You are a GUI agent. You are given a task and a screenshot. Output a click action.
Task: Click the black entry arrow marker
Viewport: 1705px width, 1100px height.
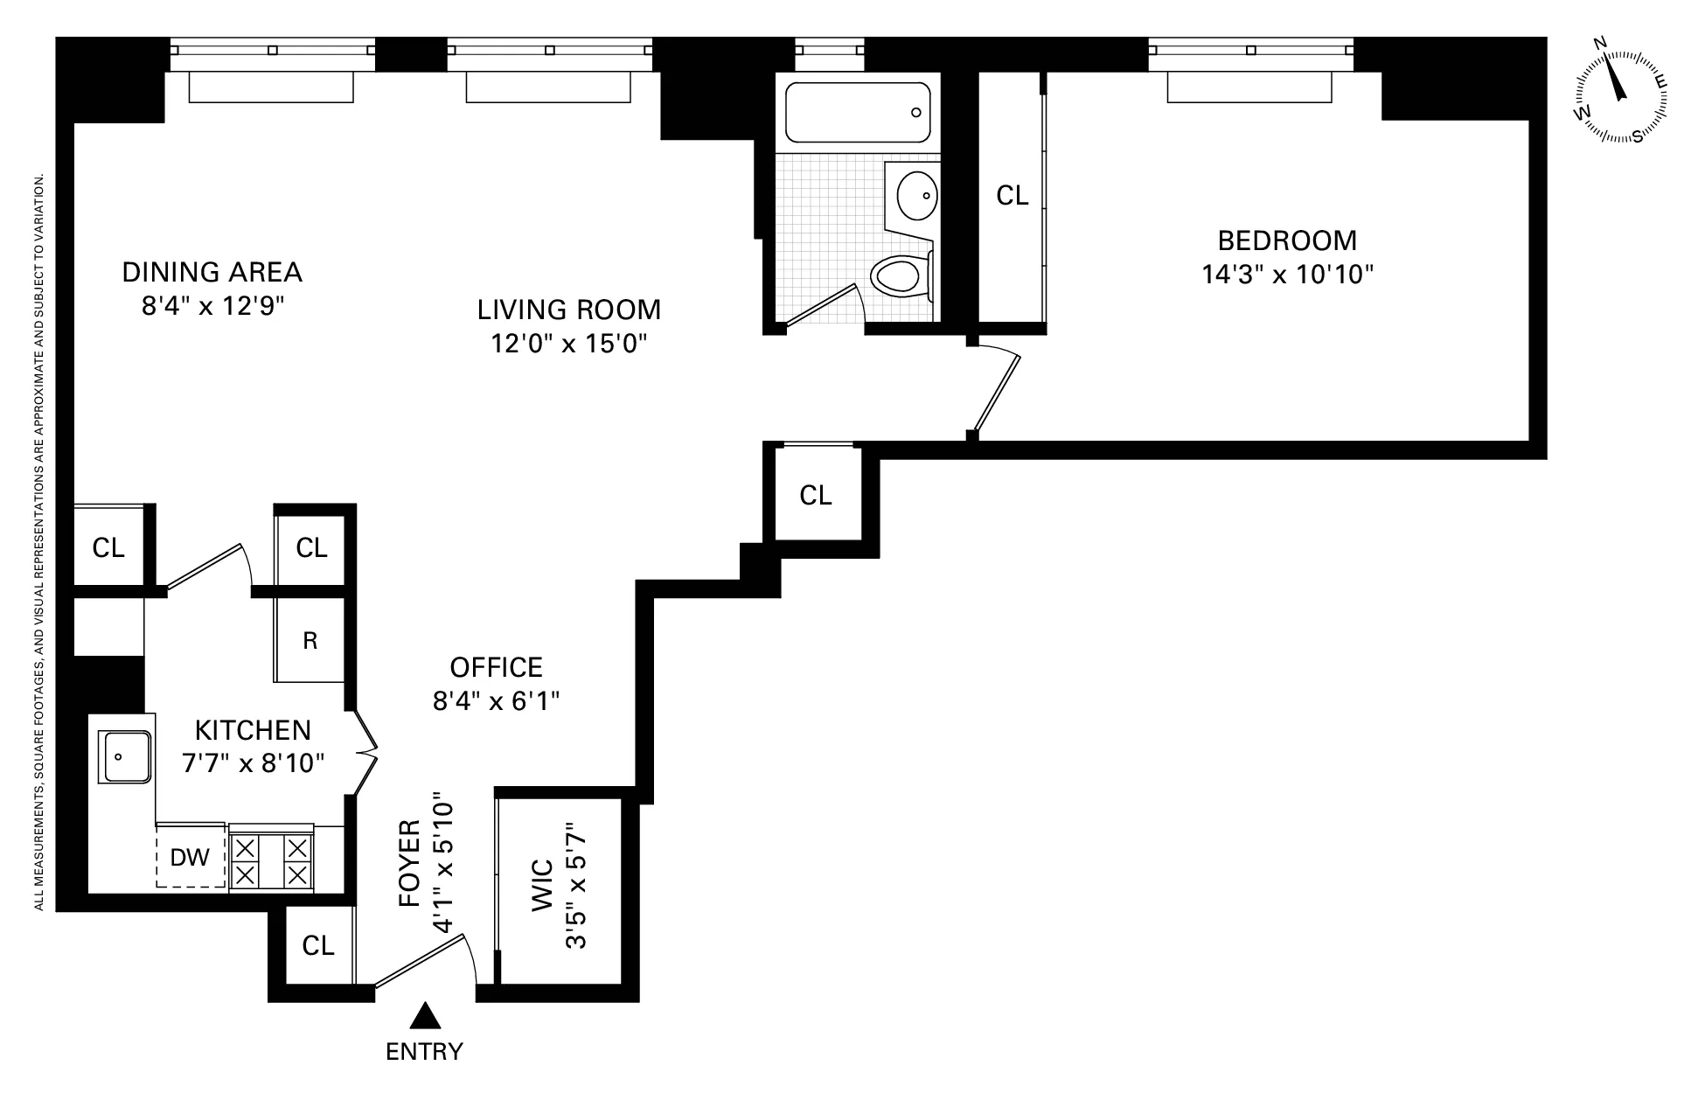[x=425, y=1016]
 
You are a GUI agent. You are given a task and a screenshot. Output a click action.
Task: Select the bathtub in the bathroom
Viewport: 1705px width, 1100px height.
[x=858, y=113]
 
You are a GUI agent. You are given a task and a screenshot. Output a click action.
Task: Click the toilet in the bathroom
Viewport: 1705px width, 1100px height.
[x=900, y=275]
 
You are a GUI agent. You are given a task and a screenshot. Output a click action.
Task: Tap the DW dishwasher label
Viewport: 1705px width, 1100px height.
[x=190, y=857]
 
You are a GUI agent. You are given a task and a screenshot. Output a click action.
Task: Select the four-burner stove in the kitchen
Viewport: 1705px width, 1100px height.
[x=272, y=861]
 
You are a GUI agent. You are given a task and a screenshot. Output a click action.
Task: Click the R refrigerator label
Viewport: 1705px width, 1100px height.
[x=310, y=641]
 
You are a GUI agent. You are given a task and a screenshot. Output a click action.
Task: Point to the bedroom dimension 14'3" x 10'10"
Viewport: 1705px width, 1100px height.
[x=1287, y=275]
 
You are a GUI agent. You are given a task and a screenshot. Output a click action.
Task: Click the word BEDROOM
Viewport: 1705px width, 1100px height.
[x=1287, y=240]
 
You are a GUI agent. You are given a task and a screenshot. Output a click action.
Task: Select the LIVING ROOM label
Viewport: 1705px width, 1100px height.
[x=568, y=310]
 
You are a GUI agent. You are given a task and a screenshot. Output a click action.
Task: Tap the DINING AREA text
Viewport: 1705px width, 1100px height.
[x=212, y=272]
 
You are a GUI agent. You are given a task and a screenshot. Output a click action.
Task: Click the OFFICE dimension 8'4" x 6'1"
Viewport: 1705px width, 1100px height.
[x=496, y=701]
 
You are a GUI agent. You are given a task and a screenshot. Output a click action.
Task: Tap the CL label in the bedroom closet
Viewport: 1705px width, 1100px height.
[x=1013, y=196]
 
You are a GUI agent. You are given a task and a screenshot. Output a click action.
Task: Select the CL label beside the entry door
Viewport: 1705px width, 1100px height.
[x=318, y=945]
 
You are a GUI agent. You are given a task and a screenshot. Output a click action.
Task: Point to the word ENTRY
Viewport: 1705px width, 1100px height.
[x=424, y=1051]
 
